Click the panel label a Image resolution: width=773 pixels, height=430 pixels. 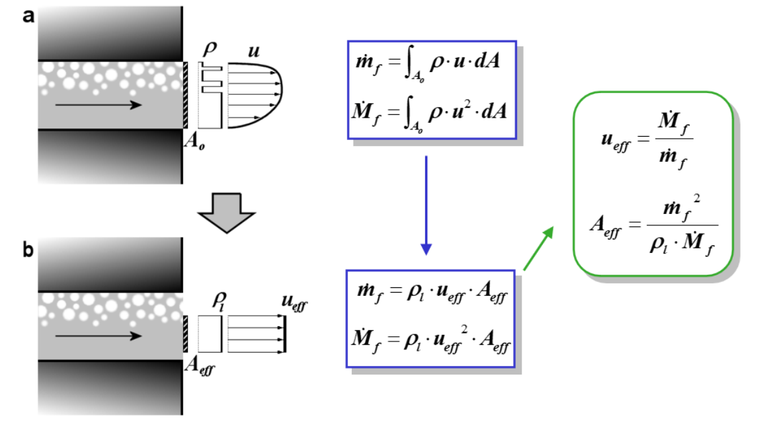click(28, 17)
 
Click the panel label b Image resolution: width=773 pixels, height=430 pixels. click(28, 252)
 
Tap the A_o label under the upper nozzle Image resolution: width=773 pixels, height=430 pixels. click(194, 144)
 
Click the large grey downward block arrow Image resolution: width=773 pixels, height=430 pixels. click(227, 211)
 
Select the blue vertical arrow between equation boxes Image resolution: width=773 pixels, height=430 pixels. click(426, 205)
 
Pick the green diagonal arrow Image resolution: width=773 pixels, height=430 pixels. click(540, 247)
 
